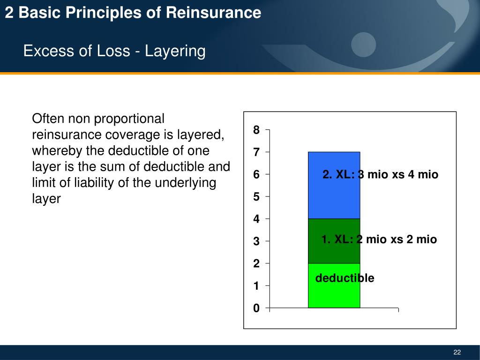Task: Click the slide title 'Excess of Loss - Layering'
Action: [114, 51]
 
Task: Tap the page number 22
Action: [457, 352]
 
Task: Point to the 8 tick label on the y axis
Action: [256, 130]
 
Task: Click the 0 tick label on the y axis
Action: [256, 308]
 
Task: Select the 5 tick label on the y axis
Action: [256, 197]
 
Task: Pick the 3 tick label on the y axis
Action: [256, 241]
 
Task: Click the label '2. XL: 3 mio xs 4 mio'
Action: [380, 175]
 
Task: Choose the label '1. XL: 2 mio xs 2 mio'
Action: [379, 240]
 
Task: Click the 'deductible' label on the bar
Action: [345, 278]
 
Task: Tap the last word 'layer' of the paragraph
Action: [46, 198]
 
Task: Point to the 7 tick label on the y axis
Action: [256, 152]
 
